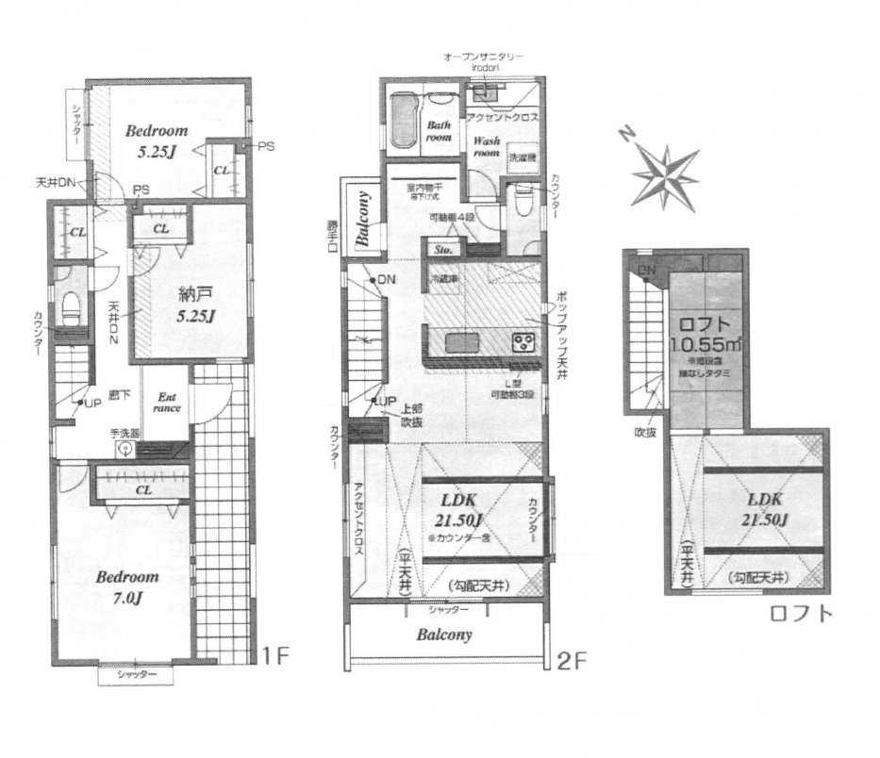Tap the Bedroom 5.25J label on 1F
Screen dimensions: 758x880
[x=158, y=140]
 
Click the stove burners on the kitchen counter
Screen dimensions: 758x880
[x=522, y=340]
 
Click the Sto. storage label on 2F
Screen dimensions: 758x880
[x=443, y=251]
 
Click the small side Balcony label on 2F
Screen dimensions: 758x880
[x=362, y=219]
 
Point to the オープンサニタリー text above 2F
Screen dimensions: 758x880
[x=484, y=58]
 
